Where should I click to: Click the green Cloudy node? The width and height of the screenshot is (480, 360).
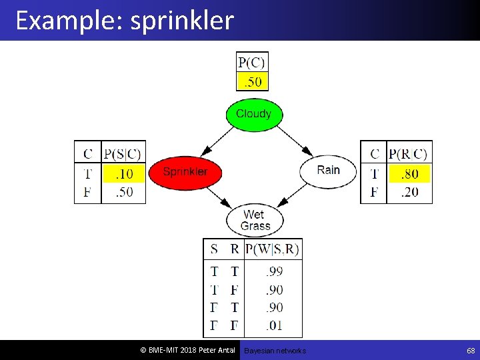tap(254, 114)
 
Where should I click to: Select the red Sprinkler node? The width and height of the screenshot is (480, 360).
tap(185, 171)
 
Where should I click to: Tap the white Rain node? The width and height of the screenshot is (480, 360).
tap(328, 170)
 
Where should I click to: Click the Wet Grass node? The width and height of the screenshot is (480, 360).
tap(254, 220)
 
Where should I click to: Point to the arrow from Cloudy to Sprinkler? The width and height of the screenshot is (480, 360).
tap(216, 141)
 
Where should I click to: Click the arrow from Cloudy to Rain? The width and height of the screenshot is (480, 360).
tap(293, 140)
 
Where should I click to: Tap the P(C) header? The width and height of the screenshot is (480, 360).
tap(252, 63)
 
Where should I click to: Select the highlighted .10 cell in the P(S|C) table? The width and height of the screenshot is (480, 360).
tap(123, 174)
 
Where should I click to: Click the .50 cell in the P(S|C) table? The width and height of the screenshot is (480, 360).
tap(123, 192)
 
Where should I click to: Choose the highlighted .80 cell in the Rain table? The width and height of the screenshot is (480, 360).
tap(409, 174)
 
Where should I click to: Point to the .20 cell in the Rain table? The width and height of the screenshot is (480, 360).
tap(409, 192)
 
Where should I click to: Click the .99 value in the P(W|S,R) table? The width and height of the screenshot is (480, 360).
tap(273, 271)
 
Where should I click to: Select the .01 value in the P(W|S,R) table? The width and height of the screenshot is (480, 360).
tap(273, 325)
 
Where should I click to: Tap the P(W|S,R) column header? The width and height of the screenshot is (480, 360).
tap(273, 249)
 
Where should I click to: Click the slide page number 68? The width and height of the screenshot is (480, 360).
tap(471, 350)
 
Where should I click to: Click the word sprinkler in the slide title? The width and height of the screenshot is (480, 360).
tap(182, 21)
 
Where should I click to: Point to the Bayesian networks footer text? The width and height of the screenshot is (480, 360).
tap(275, 351)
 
